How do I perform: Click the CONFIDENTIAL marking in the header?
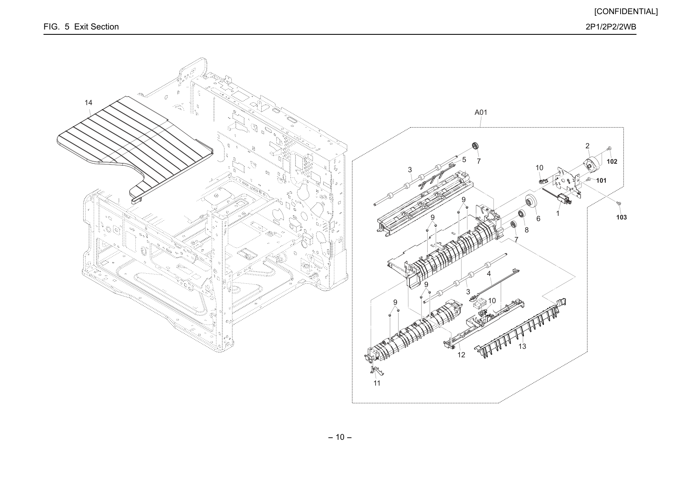[626, 12]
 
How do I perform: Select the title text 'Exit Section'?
[96, 27]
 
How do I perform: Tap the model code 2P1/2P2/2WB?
[611, 27]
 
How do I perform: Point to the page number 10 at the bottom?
[340, 437]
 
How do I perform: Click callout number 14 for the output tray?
[88, 103]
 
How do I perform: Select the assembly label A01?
[481, 112]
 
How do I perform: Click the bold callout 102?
[612, 162]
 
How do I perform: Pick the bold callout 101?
[601, 181]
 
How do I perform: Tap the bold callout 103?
[621, 217]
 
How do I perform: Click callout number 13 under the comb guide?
[522, 346]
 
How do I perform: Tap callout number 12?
[461, 355]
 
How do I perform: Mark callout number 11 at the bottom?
[377, 384]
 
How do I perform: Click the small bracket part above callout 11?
[377, 371]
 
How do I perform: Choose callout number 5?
[464, 160]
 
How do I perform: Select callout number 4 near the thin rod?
[489, 274]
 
